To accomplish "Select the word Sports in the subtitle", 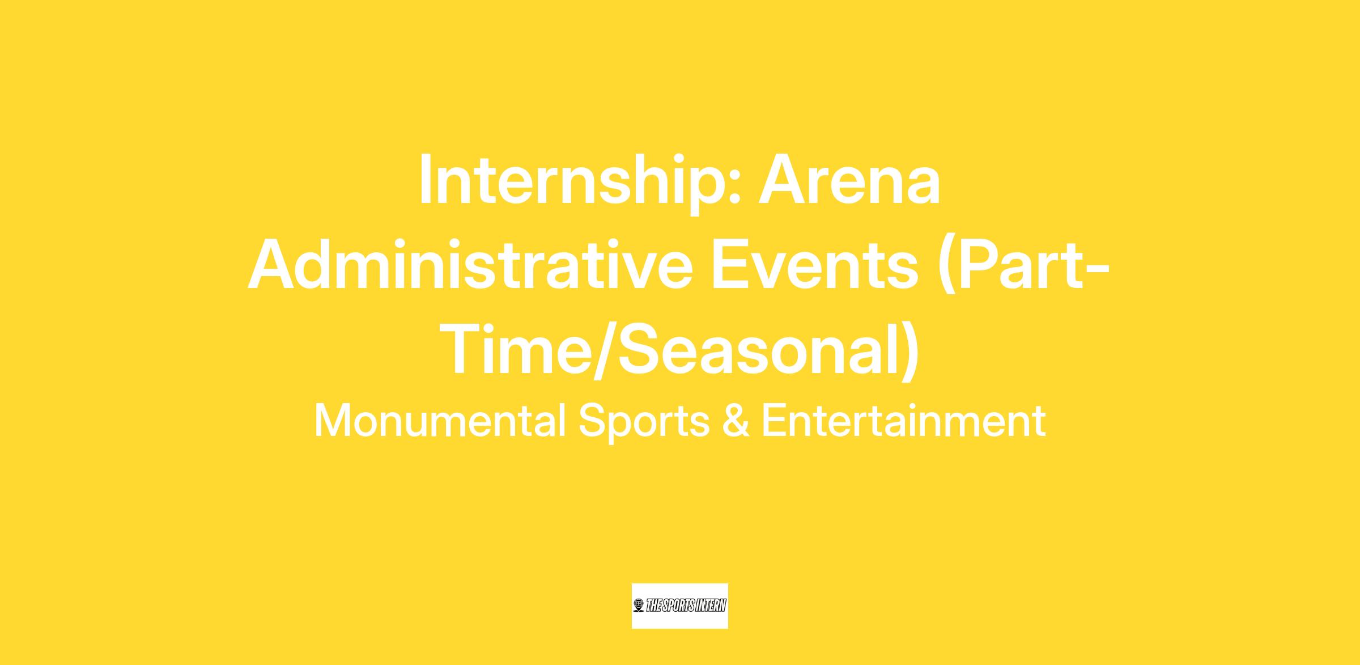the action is (644, 422).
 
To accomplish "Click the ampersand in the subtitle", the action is (736, 421).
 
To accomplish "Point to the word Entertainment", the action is (903, 421).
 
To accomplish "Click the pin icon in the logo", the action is (639, 606).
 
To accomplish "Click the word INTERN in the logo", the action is (711, 606).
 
